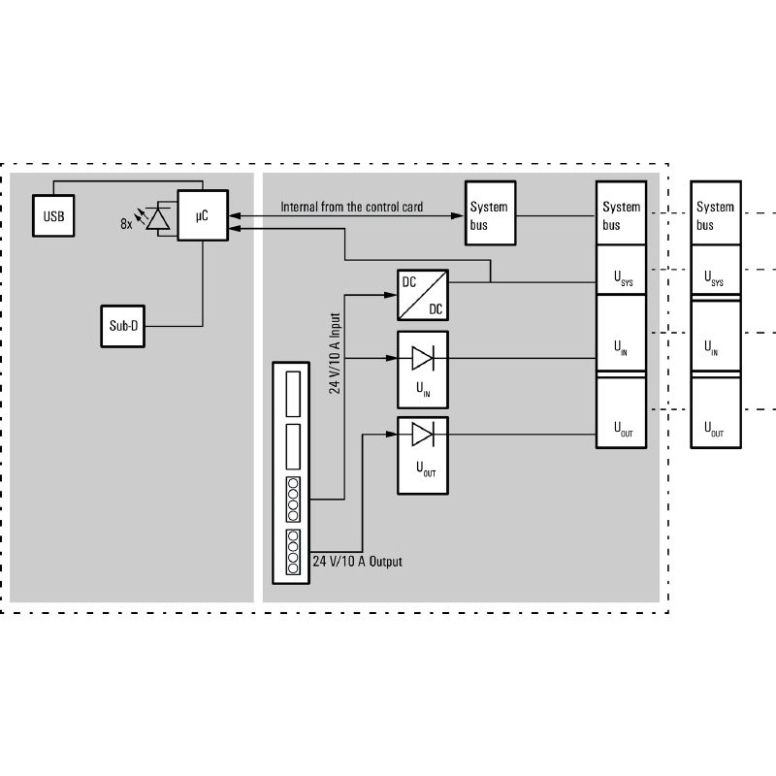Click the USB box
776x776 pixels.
click(53, 216)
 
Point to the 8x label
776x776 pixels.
click(126, 223)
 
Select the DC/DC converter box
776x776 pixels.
click(423, 295)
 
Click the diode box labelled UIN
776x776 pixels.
click(423, 369)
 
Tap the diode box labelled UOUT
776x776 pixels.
click(423, 455)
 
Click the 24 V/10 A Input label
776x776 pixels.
click(335, 352)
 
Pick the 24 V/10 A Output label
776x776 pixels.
click(357, 562)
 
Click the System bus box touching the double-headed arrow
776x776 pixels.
click(490, 215)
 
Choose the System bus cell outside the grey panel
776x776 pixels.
click(716, 215)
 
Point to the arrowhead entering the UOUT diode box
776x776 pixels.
click(392, 434)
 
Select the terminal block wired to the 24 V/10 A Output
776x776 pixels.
click(293, 551)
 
